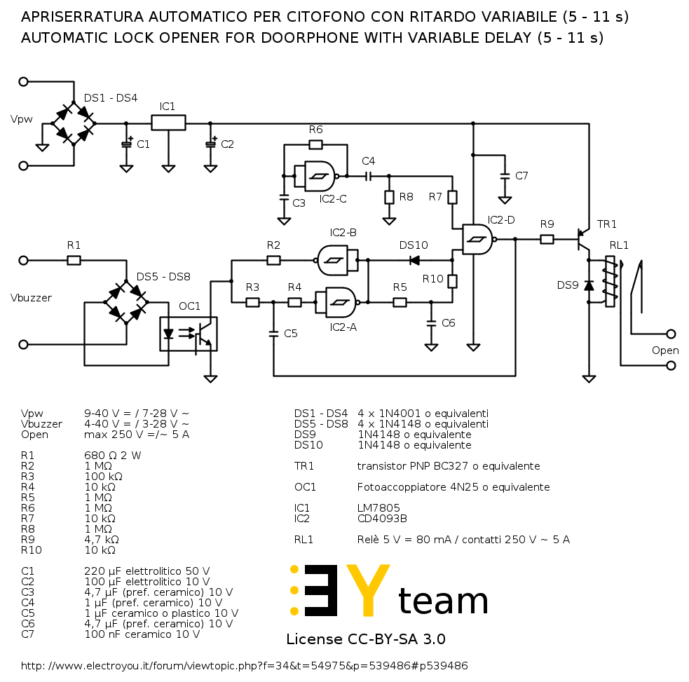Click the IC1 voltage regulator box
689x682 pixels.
click(168, 123)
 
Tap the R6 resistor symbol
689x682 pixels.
click(315, 144)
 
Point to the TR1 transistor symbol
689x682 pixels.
click(584, 240)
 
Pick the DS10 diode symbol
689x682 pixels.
click(414, 261)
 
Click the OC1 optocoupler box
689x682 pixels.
click(188, 334)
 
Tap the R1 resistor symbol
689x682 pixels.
click(74, 261)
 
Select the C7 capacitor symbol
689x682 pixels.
click(505, 176)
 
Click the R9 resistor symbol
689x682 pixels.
click(547, 240)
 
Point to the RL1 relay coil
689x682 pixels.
click(610, 281)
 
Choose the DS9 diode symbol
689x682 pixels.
click(589, 285)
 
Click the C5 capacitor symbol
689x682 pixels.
click(273, 334)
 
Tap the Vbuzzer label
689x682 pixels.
click(31, 298)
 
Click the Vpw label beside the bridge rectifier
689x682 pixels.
click(22, 120)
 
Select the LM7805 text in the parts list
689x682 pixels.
click(378, 508)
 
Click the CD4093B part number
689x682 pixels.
click(382, 519)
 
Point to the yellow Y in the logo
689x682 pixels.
click(368, 589)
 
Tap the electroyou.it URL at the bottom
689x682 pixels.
click(245, 666)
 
